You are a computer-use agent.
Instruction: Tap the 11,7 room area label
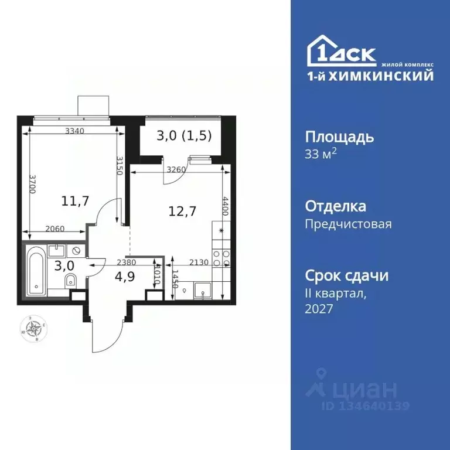click(x=75, y=202)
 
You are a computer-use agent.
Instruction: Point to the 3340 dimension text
click(x=76, y=131)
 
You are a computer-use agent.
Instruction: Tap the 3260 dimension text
click(x=178, y=171)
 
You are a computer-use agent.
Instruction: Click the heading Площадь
click(x=339, y=137)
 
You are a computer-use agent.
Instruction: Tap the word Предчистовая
click(x=349, y=224)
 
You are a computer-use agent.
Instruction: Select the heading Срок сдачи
click(x=347, y=275)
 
